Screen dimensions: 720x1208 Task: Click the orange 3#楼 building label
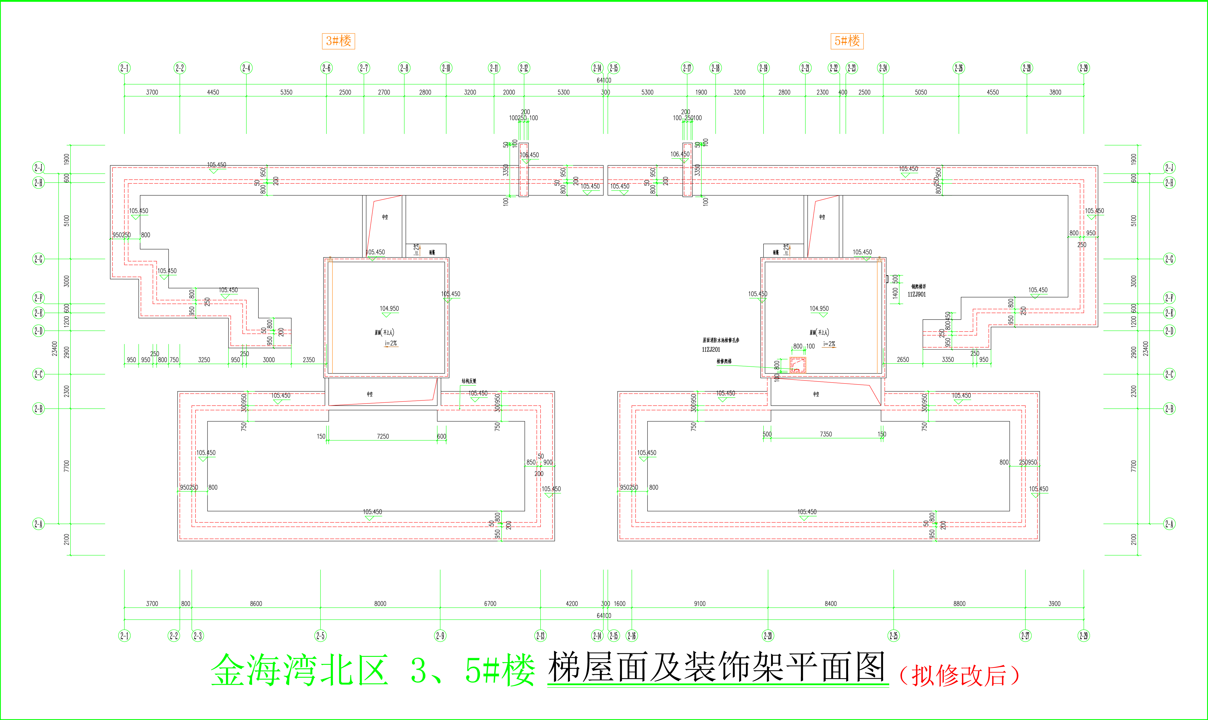(x=338, y=41)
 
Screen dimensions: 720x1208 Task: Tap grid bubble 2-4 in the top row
(x=246, y=68)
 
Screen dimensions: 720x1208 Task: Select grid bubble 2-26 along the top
(x=959, y=68)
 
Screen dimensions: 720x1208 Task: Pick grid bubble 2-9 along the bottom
(x=440, y=636)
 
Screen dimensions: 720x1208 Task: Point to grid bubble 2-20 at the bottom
(x=768, y=636)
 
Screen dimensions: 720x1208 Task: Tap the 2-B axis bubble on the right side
(x=1169, y=408)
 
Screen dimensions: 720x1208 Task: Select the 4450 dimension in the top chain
(x=213, y=92)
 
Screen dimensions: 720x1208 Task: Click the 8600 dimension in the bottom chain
(x=256, y=603)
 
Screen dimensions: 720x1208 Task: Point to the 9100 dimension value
(x=700, y=603)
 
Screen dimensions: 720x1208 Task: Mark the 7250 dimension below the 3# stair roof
(x=383, y=436)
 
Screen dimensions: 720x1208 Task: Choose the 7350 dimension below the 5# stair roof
(x=826, y=434)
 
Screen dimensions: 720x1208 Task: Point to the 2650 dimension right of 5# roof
(x=903, y=360)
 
